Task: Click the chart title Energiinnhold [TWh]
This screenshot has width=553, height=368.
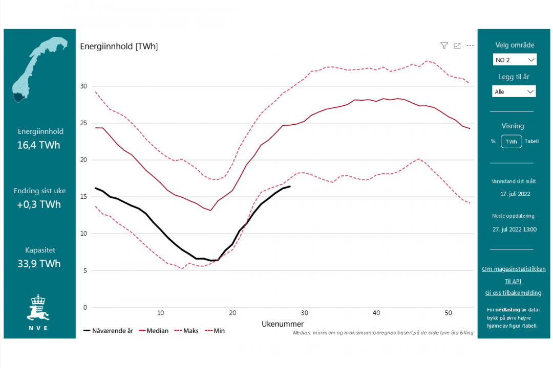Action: (119, 47)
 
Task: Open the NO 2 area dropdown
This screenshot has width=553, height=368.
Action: (515, 60)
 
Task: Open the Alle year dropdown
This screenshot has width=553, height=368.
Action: (515, 91)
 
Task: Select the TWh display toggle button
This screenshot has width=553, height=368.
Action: (511, 142)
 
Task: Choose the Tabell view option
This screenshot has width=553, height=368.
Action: (531, 142)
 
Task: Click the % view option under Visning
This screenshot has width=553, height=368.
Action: (493, 142)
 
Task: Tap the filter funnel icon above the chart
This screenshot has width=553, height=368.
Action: (444, 45)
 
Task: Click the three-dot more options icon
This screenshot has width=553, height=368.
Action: (470, 45)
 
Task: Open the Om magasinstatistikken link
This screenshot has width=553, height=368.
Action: (514, 269)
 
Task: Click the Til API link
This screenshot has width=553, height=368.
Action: (513, 281)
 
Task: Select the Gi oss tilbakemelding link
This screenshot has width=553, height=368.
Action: (513, 293)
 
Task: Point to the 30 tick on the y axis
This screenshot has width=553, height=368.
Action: (83, 86)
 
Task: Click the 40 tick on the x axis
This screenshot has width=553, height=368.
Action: (376, 313)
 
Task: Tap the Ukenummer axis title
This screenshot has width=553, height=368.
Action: (283, 324)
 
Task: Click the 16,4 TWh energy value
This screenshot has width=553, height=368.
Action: (38, 145)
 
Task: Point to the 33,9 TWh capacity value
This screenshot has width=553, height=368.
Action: (38, 264)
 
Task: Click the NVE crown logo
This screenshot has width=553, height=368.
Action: (38, 307)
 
